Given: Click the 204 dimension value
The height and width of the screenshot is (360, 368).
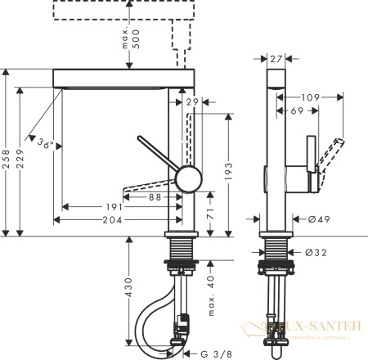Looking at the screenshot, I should [113, 219].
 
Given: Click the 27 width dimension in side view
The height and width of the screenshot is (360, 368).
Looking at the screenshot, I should [276, 58].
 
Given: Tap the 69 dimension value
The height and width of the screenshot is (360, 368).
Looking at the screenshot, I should [295, 110].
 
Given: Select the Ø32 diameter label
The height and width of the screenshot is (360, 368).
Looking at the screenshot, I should [317, 252].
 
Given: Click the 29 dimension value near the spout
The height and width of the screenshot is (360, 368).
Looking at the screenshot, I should [192, 101].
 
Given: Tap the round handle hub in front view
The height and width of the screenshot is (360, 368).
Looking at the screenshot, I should [189, 178].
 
